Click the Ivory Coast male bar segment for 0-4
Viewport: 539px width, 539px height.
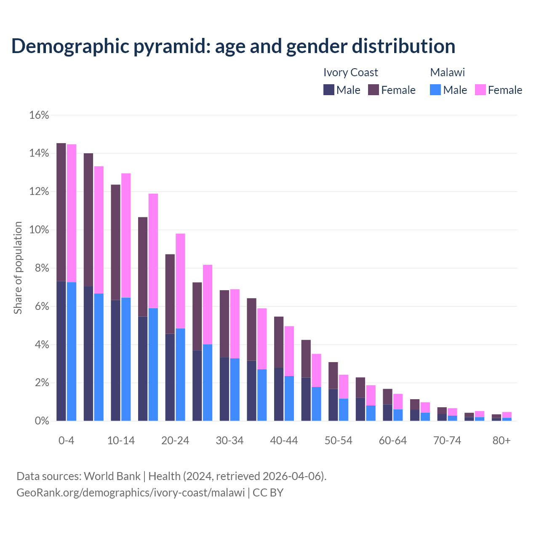point(61,351)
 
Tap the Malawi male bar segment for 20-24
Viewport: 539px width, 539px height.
point(180,374)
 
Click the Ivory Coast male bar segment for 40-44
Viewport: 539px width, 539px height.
point(279,394)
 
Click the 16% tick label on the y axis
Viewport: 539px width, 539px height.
point(39,115)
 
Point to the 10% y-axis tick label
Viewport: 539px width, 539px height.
point(39,230)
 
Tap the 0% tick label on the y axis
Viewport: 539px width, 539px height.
point(41,421)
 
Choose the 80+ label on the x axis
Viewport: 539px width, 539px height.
point(502,440)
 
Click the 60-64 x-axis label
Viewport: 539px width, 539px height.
point(393,440)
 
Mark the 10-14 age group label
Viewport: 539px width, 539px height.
point(121,440)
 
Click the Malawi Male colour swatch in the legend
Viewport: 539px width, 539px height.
point(435,90)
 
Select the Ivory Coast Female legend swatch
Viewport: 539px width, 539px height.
point(374,90)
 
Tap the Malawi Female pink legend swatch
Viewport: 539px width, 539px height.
point(480,90)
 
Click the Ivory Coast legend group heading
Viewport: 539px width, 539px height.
point(350,72)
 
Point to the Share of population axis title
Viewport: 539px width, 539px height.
point(18,268)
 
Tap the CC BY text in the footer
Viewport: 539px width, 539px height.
point(268,492)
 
